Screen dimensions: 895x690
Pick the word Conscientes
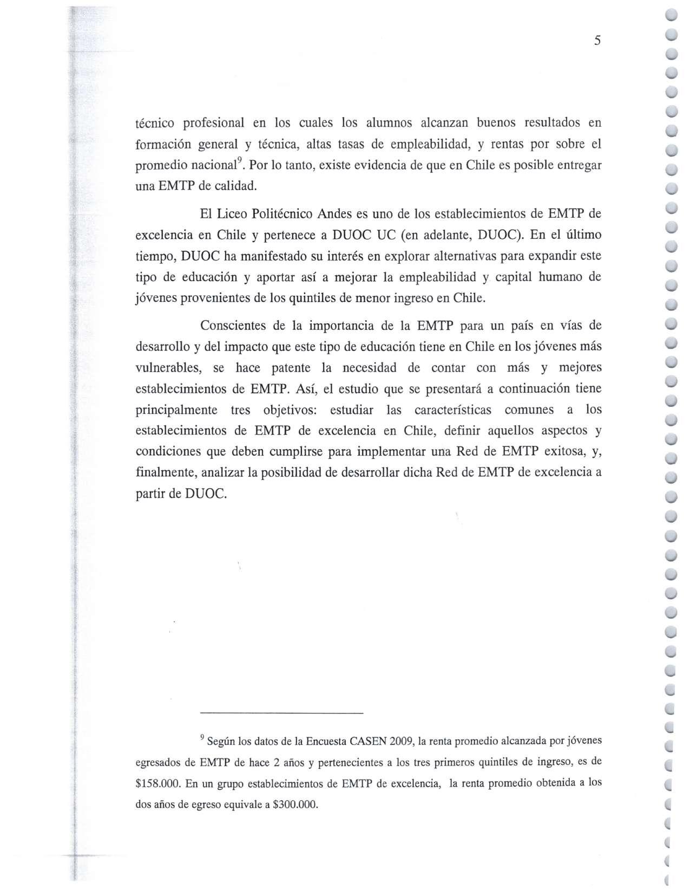tap(236, 326)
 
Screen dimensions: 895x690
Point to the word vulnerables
tap(167, 368)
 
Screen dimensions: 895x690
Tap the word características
tap(452, 410)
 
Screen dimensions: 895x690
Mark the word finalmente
tap(166, 472)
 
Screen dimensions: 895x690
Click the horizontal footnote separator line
tap(281, 713)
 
